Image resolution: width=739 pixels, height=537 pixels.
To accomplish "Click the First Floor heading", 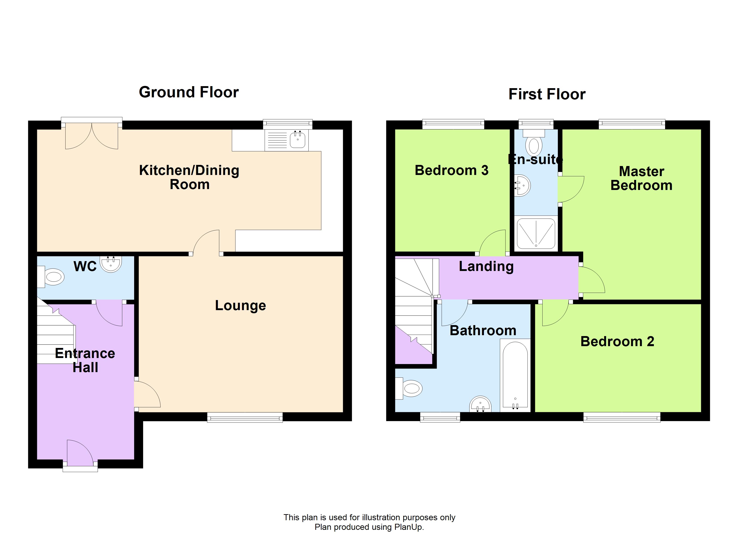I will pos(547,94).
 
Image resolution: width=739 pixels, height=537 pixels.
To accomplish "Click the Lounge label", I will pos(241,305).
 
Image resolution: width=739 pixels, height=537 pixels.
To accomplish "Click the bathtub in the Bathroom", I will pos(515,375).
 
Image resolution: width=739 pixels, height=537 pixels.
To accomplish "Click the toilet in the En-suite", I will pos(534,143).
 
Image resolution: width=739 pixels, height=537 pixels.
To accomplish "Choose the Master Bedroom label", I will pos(641,178).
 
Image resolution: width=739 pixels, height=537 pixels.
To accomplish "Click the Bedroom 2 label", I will pos(617,341).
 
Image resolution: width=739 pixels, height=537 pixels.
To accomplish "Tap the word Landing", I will pos(486,266).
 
